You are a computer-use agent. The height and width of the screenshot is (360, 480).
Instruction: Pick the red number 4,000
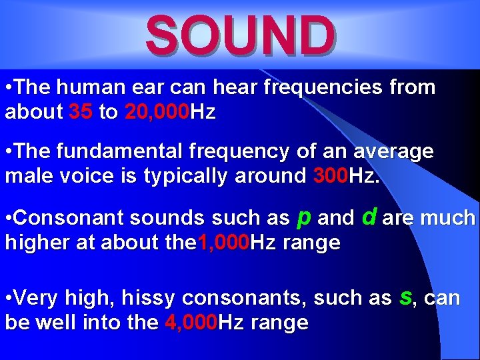[189, 323]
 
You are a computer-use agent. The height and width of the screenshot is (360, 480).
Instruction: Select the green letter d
[369, 216]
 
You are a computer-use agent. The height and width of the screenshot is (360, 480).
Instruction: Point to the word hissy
[150, 298]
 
